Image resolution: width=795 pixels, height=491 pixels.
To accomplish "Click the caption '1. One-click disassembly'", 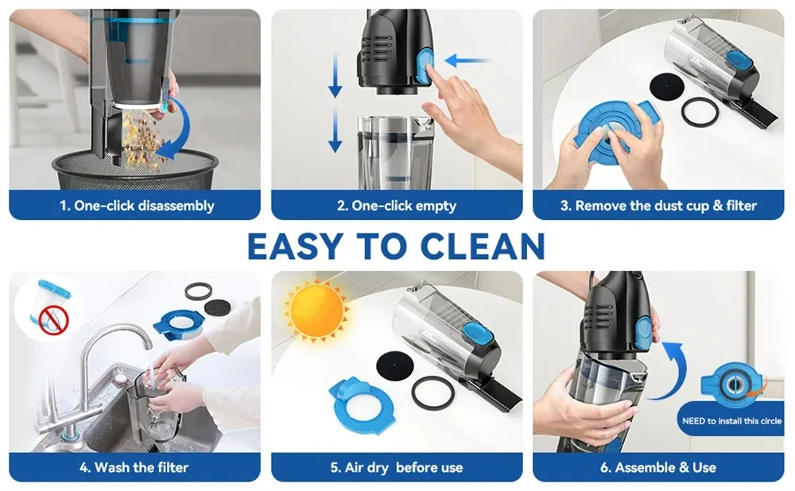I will pos(136,206).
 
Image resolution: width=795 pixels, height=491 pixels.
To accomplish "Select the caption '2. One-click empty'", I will pos(396,206).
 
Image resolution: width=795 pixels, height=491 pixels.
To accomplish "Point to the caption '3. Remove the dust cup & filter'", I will pos(658,206).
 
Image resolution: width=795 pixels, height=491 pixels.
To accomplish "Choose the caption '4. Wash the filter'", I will pos(134,467).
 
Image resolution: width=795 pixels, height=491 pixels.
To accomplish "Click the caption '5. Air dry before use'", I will pos(396,467).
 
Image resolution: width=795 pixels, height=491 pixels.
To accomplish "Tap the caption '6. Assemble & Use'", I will pos(658,467).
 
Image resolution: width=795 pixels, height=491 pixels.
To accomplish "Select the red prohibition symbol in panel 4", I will pos(54,319).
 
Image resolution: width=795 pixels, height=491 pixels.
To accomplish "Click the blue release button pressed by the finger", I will pos(421,65).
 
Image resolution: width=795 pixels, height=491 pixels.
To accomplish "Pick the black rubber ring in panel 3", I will pos(699,112).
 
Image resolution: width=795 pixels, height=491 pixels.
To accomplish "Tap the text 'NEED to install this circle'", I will pos(731,421).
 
